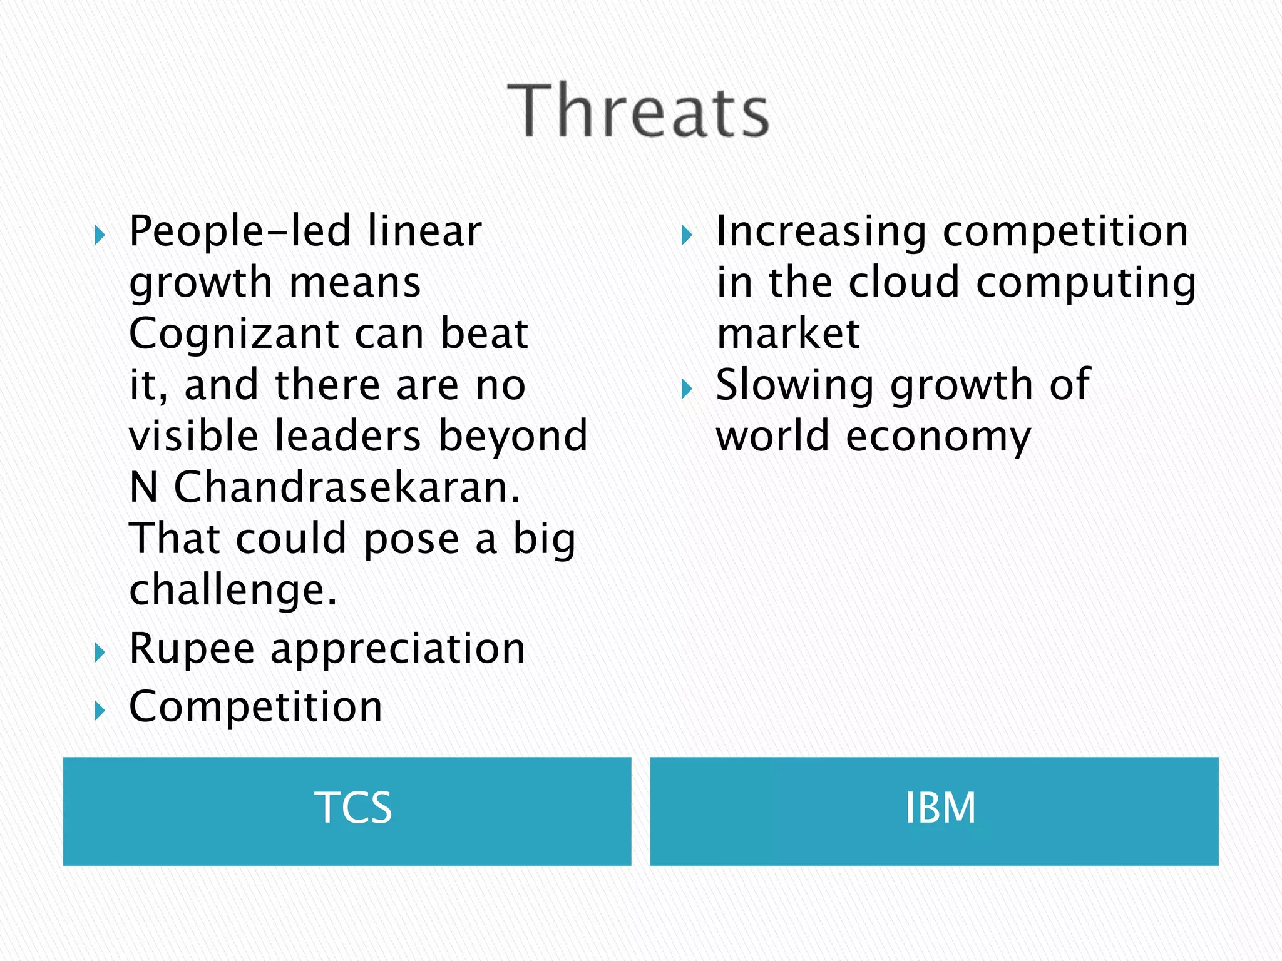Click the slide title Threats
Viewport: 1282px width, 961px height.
point(638,111)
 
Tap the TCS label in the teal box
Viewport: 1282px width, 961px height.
point(353,808)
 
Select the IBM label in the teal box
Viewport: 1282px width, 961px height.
point(940,808)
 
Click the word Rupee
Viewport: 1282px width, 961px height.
point(192,649)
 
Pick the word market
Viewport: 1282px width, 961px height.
point(788,334)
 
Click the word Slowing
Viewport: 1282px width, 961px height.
point(794,385)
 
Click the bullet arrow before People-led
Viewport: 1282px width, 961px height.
point(100,236)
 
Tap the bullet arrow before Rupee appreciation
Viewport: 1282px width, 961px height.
point(100,653)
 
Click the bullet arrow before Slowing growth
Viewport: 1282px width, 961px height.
point(687,389)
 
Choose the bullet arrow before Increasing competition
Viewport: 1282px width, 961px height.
point(687,236)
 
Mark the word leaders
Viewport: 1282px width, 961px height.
point(347,436)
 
